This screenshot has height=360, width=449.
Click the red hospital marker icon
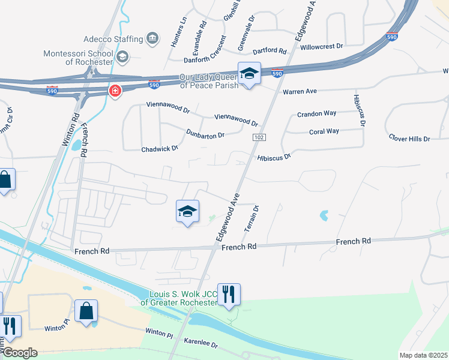(114, 91)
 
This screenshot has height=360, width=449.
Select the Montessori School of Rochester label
(78, 58)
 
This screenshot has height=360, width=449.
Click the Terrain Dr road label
(250, 219)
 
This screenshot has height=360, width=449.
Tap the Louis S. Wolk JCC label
(179, 298)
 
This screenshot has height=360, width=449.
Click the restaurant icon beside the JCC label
(228, 295)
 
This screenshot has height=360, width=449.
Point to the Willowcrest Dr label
(322, 46)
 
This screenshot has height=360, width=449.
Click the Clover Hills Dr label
(410, 139)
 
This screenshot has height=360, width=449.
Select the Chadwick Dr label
(160, 148)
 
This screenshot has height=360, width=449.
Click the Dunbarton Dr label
(205, 134)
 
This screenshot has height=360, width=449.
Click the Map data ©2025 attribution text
(423, 355)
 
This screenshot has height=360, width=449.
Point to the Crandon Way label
(316, 114)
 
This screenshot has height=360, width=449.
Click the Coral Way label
(324, 131)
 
